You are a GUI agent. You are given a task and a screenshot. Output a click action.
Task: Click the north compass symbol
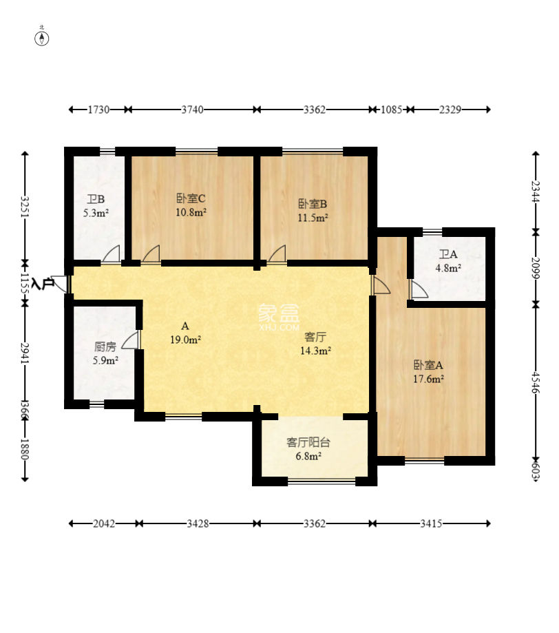coord(41,38)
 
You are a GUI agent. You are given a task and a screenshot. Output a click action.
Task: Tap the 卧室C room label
coord(191,198)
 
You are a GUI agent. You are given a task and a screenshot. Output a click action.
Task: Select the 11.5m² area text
coord(313,218)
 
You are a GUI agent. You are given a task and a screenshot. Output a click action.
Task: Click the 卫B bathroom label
coord(96,199)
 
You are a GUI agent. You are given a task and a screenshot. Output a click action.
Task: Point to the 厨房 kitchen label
coord(105,346)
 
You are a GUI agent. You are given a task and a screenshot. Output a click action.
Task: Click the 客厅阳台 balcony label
coord(308,442)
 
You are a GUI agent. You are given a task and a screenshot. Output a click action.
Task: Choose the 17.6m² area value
coord(428,379)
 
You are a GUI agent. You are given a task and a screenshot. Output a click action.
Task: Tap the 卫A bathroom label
coord(448,254)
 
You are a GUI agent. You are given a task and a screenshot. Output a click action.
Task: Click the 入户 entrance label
coord(43,283)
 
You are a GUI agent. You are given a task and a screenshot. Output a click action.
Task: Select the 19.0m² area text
coord(185,340)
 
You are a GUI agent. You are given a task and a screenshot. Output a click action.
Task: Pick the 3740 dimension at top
coord(192,110)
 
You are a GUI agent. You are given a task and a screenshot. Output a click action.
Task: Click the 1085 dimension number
coord(392,110)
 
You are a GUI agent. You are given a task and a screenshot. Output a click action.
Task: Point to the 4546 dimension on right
coord(536,382)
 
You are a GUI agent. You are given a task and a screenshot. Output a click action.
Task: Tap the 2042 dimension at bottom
coord(104,523)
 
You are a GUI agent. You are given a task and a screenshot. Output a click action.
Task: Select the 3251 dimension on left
coord(25,207)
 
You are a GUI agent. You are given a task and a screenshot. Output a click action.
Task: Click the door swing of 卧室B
coord(277,253)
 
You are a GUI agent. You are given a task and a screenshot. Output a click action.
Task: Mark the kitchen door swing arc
coord(130,340)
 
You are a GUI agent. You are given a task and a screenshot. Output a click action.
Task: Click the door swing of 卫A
coord(419,289)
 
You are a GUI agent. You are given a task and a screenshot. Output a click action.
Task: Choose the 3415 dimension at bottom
coord(431,523)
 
